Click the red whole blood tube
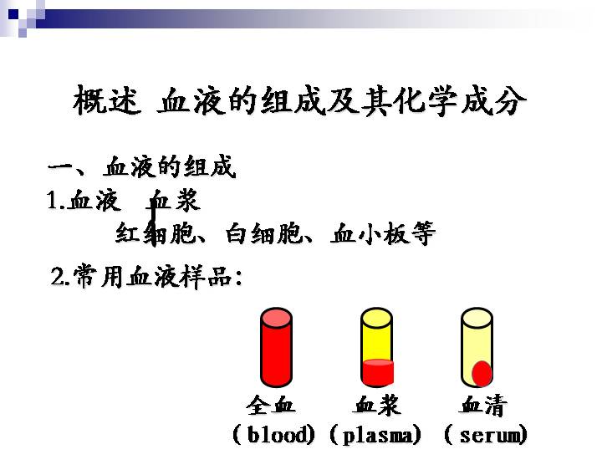[x=276, y=348]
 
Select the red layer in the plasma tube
[x=378, y=372]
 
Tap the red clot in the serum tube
[x=482, y=373]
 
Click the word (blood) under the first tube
[x=273, y=434]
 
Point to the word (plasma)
[x=375, y=435]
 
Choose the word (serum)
[x=486, y=435]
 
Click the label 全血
[x=271, y=406]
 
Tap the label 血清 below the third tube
[x=483, y=406]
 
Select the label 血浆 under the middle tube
[x=376, y=406]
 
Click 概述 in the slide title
[x=107, y=100]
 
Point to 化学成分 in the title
[x=459, y=100]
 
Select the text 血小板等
[x=383, y=233]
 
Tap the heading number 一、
[x=66, y=168]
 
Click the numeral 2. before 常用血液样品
[x=60, y=277]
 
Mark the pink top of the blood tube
[x=276, y=318]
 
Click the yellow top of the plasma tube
[x=376, y=318]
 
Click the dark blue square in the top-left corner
[x=13, y=14]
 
